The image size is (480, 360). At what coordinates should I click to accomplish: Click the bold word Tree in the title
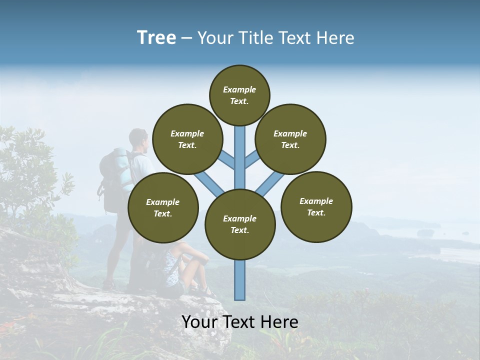pyautogui.click(x=156, y=38)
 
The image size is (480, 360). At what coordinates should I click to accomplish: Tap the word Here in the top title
pyautogui.click(x=335, y=38)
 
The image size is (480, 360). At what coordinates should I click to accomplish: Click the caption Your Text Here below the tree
pyautogui.click(x=240, y=322)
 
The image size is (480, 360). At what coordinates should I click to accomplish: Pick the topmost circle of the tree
pyautogui.click(x=239, y=95)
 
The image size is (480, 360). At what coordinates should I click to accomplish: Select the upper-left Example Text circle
pyautogui.click(x=187, y=139)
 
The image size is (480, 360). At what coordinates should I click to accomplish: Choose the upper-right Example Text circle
pyautogui.click(x=290, y=139)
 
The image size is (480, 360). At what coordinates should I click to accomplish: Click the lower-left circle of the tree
pyautogui.click(x=163, y=207)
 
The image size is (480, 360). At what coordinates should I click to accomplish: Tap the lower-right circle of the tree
pyautogui.click(x=316, y=206)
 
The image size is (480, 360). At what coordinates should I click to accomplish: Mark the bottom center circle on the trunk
pyautogui.click(x=240, y=224)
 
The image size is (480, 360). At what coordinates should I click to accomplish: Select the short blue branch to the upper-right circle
pyautogui.click(x=252, y=159)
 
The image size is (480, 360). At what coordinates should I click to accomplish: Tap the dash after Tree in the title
pyautogui.click(x=186, y=38)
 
